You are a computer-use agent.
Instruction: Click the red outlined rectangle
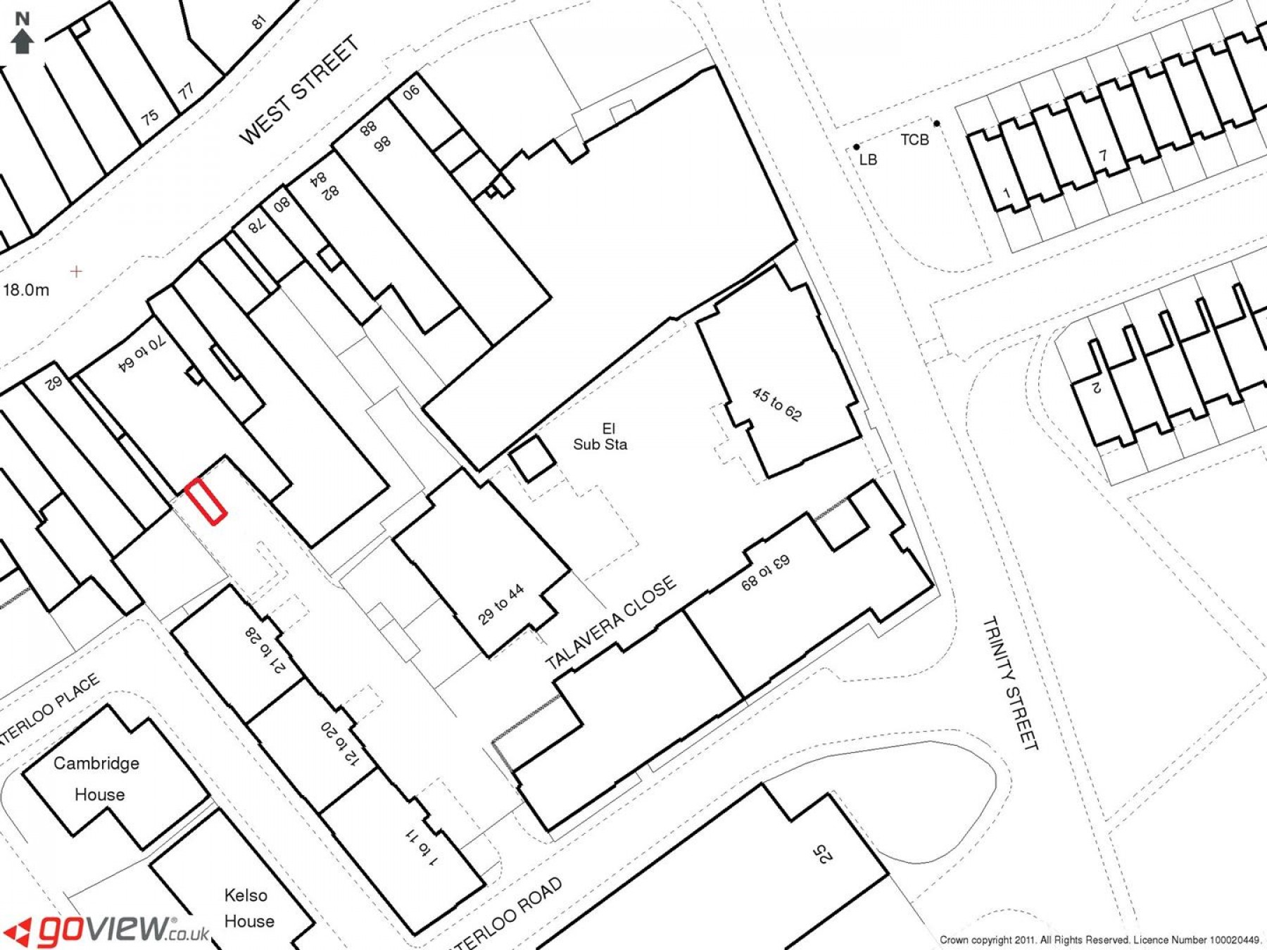pyautogui.click(x=206, y=501)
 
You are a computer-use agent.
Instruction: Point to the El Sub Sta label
pyautogui.click(x=600, y=436)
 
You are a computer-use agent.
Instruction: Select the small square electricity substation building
pyautogui.click(x=533, y=458)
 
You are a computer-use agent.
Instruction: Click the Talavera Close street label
pyautogui.click(x=610, y=622)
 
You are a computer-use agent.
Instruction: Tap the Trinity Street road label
pyautogui.click(x=1010, y=683)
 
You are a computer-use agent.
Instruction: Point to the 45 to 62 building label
pyautogui.click(x=776, y=404)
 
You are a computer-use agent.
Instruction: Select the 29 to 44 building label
pyautogui.click(x=501, y=604)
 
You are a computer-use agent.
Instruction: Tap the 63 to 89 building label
pyautogui.click(x=765, y=572)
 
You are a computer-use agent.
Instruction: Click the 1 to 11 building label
pyautogui.click(x=422, y=847)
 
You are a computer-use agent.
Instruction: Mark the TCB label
pyautogui.click(x=914, y=140)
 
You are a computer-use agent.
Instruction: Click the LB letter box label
pyautogui.click(x=868, y=160)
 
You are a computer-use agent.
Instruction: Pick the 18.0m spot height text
pyautogui.click(x=27, y=290)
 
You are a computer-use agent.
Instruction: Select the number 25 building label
pyautogui.click(x=822, y=854)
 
